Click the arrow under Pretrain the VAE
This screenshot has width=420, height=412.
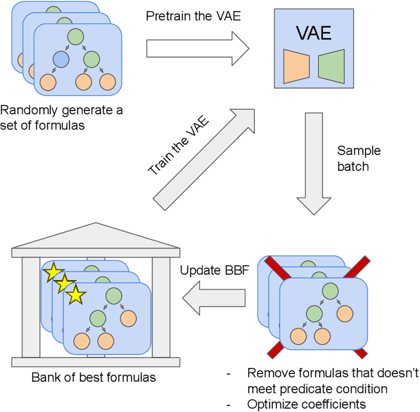pyautogui.click(x=197, y=47)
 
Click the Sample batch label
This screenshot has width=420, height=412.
pyautogui.click(x=358, y=158)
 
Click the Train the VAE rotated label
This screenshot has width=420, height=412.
pyautogui.click(x=178, y=144)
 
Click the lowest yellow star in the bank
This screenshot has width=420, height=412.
pyautogui.click(x=76, y=296)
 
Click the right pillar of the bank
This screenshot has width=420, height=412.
pyautogui.click(x=161, y=309)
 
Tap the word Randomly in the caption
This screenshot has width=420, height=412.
pyautogui.click(x=26, y=110)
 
